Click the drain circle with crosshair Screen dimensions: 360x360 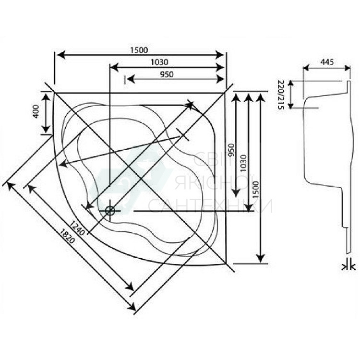110,210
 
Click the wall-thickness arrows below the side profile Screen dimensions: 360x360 349,264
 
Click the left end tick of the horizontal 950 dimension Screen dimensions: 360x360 125,80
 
